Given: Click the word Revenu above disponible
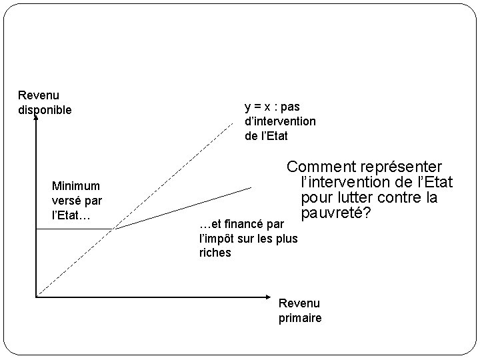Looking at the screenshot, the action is click(39, 96).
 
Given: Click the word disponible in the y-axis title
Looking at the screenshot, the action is click(45, 109).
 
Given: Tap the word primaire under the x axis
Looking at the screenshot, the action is click(300, 318).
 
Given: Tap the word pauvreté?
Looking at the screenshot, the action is click(336, 215).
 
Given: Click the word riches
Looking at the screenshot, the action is click(215, 253).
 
